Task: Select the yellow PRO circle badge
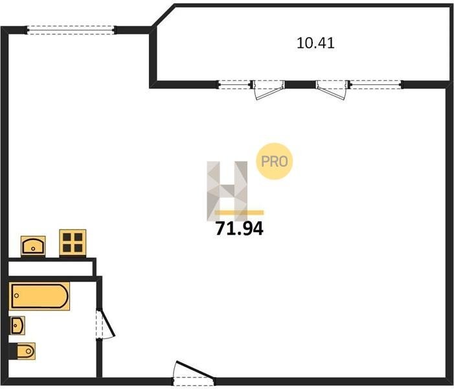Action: [x=275, y=161]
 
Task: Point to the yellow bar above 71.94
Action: [x=240, y=213]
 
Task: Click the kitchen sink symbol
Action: [x=33, y=246]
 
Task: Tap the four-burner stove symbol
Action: [x=73, y=242]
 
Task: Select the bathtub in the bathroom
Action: [x=40, y=296]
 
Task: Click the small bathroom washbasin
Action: [x=17, y=324]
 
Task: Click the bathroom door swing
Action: [x=106, y=324]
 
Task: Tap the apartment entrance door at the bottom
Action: [x=193, y=372]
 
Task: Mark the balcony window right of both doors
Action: [x=375, y=84]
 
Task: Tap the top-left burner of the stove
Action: [x=67, y=237]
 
